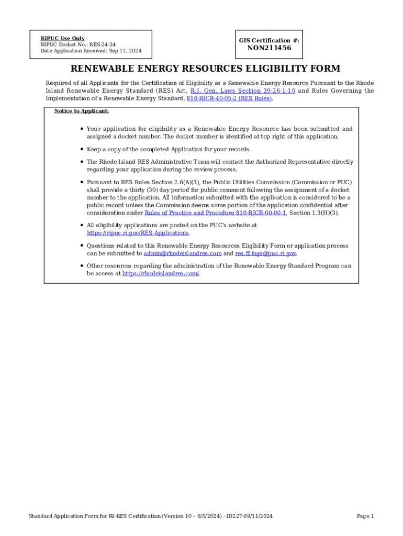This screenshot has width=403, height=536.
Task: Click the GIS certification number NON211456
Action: click(269, 48)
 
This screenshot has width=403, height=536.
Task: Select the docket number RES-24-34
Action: click(103, 44)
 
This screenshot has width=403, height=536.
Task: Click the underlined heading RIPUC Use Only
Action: click(62, 38)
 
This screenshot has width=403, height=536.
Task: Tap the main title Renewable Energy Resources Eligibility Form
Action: click(205, 69)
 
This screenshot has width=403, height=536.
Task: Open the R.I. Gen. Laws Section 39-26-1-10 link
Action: click(243, 91)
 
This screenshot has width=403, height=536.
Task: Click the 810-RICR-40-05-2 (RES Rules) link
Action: click(230, 98)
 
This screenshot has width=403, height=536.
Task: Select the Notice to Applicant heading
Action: click(81, 111)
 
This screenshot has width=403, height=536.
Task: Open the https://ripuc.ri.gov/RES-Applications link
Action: click(137, 233)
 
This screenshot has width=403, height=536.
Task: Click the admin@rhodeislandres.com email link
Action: click(183, 253)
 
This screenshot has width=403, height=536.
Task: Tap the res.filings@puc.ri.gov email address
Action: click(265, 253)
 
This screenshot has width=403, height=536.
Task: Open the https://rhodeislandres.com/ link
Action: click(161, 273)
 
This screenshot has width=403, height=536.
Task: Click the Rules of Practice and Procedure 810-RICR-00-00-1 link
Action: click(215, 213)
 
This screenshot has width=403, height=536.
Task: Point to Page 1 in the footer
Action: click(365, 516)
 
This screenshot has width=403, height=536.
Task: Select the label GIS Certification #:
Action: click(269, 40)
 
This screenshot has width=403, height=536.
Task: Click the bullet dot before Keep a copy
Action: click(82, 149)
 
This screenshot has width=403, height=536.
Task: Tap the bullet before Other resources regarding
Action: click(82, 266)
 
